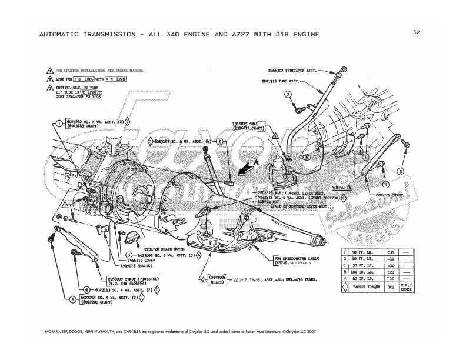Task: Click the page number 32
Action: click(x=417, y=32)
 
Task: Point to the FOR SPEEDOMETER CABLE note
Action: click(x=294, y=257)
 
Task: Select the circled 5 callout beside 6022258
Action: click(x=72, y=299)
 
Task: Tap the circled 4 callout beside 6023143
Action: click(x=86, y=289)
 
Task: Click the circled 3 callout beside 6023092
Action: click(x=128, y=255)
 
